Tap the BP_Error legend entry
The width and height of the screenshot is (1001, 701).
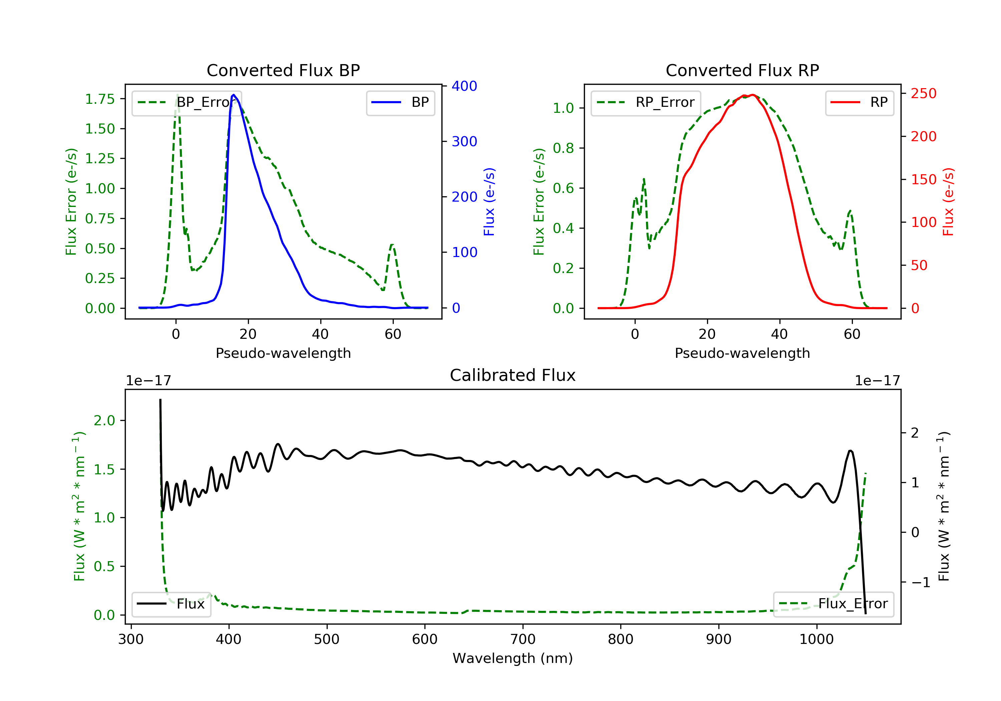[x=187, y=102]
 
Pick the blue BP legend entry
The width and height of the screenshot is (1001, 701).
[x=400, y=102]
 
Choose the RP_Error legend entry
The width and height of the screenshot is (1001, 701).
[x=646, y=102]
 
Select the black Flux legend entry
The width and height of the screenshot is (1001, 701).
[x=172, y=604]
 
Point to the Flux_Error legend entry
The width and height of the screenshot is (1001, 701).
[x=833, y=604]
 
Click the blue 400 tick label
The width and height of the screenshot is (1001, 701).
[x=464, y=86]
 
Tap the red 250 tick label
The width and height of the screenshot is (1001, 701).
[x=923, y=93]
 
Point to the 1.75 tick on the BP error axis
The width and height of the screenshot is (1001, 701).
[x=100, y=99]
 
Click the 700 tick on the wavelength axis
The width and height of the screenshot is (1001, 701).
[x=523, y=640]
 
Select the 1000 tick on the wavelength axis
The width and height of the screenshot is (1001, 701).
[x=816, y=640]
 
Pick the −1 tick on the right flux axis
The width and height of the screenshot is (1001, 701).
[x=920, y=583]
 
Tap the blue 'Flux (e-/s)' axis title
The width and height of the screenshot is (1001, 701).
[x=489, y=202]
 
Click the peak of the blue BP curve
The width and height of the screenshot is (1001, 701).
[x=234, y=95]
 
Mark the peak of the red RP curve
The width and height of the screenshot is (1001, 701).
[x=752, y=95]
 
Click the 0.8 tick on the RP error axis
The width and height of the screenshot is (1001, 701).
[x=563, y=148]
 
